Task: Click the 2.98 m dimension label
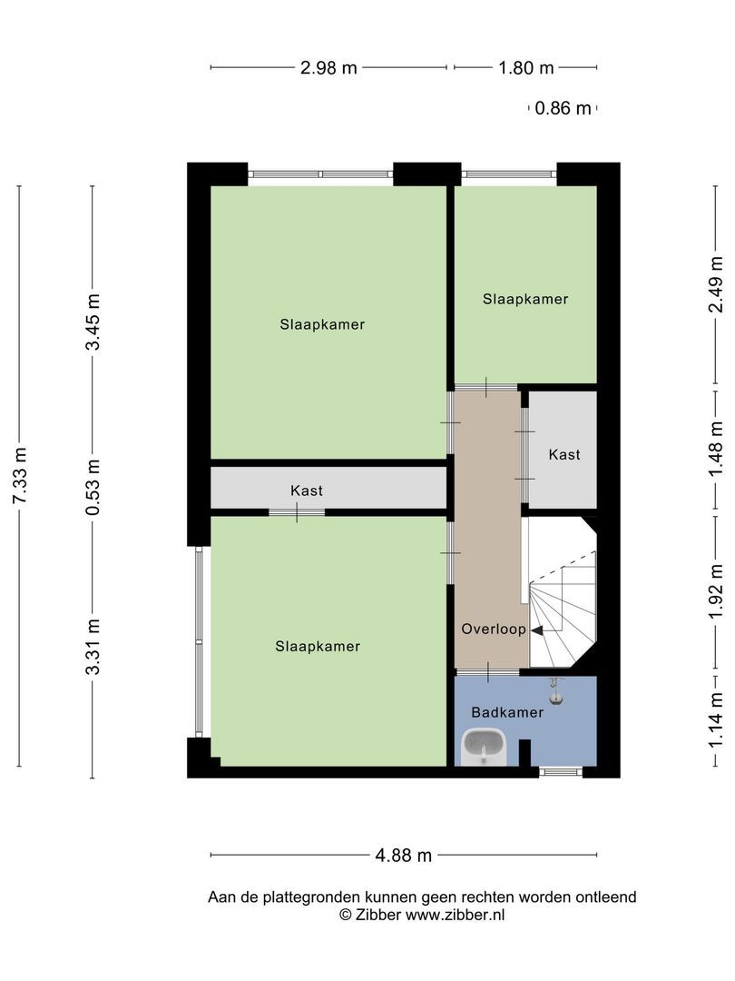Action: pyautogui.click(x=328, y=67)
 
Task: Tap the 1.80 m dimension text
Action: pyautogui.click(x=526, y=67)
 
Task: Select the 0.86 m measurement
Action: pyautogui.click(x=563, y=108)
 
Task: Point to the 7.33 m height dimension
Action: pyautogui.click(x=20, y=475)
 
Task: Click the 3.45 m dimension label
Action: pyautogui.click(x=93, y=322)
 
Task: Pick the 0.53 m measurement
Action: pyautogui.click(x=93, y=488)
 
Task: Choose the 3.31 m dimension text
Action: pyautogui.click(x=93, y=647)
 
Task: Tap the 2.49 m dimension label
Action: pyautogui.click(x=716, y=283)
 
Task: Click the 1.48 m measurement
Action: pyautogui.click(x=716, y=449)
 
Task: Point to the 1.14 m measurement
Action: pyautogui.click(x=716, y=720)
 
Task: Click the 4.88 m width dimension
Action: pyautogui.click(x=403, y=856)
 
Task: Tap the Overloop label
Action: pyautogui.click(x=493, y=629)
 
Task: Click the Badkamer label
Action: pyautogui.click(x=507, y=712)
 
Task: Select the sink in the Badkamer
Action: pyautogui.click(x=484, y=747)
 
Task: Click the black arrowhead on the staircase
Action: pyautogui.click(x=536, y=631)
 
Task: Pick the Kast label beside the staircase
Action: pyautogui.click(x=563, y=455)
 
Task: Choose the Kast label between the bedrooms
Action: pyautogui.click(x=307, y=490)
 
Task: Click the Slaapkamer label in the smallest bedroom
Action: pyautogui.click(x=525, y=299)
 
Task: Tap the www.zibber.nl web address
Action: pyautogui.click(x=455, y=915)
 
